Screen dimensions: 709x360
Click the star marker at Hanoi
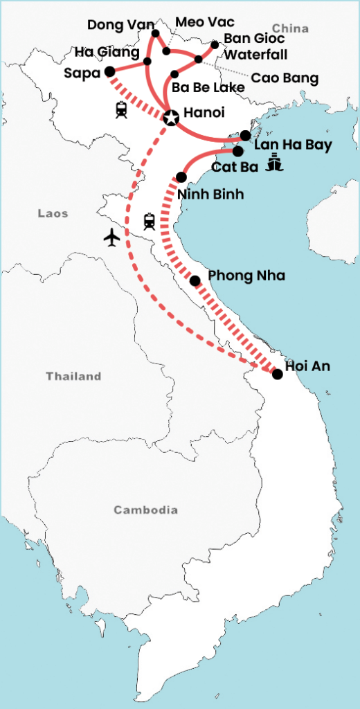pos(170,118)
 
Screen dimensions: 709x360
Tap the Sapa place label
pos(84,72)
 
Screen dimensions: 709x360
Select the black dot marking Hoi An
pos(278,374)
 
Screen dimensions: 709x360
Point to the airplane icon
pos(111,237)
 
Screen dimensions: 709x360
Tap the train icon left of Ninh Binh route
pos(149,221)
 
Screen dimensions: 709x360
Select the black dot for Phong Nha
pos(195,280)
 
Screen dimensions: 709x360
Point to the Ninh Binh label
pos(210,194)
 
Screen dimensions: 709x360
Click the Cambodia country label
pos(145,510)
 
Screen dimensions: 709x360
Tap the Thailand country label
pos(73,377)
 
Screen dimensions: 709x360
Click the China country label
pos(290,28)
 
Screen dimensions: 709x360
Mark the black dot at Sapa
pos(109,71)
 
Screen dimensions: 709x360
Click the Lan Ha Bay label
pos(293,145)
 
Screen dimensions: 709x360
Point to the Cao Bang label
pos(285,78)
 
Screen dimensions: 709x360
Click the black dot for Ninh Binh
pos(181,177)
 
